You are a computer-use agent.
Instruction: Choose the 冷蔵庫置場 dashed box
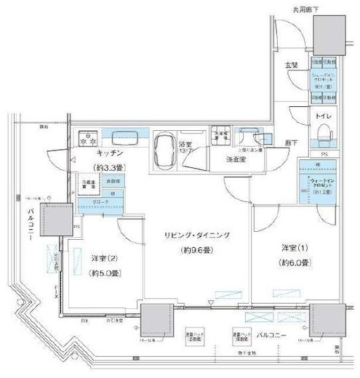pyautogui.click(x=89, y=186)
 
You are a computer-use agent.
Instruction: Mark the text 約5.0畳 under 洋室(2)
pyautogui.click(x=106, y=274)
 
